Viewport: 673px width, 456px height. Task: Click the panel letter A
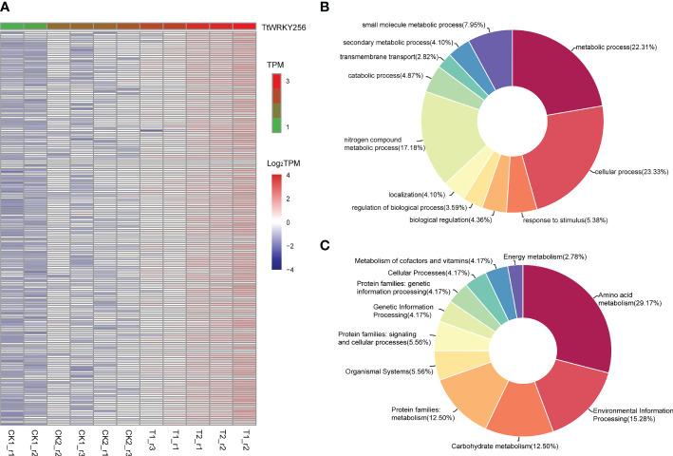pyautogui.click(x=6, y=7)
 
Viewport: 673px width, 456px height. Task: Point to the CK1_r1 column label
pyautogui.click(x=11, y=439)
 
